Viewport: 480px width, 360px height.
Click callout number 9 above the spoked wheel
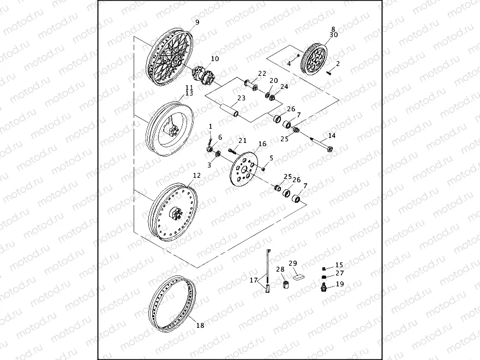pyautogui.click(x=197, y=22)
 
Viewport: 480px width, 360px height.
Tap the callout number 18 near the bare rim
pyautogui.click(x=200, y=326)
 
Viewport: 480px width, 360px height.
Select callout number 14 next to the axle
pyautogui.click(x=332, y=135)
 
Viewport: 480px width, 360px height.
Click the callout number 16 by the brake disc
pyautogui.click(x=262, y=144)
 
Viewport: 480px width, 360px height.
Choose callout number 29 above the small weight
pyautogui.click(x=292, y=263)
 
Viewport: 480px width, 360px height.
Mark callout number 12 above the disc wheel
pyautogui.click(x=197, y=176)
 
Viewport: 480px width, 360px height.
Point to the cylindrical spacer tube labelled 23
pyautogui.click(x=229, y=109)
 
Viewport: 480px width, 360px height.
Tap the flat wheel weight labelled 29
pyautogui.click(x=298, y=277)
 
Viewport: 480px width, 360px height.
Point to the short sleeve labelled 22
pyautogui.click(x=250, y=85)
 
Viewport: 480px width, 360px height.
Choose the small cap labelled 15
pyautogui.click(x=326, y=268)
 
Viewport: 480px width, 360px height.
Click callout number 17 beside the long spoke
pyautogui.click(x=254, y=281)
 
